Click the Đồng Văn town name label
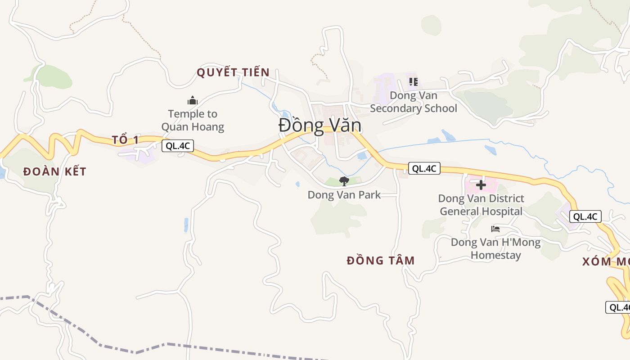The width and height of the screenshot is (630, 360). [x=320, y=125]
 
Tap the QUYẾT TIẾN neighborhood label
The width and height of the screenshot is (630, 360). [x=233, y=72]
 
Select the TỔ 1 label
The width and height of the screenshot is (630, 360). [x=126, y=139]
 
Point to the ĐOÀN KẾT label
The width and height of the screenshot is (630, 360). [x=54, y=171]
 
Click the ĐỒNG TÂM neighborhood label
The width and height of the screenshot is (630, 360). [x=381, y=261]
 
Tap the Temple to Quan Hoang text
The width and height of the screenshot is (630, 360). [x=193, y=120]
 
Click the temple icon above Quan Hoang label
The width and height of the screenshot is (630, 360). [x=193, y=100]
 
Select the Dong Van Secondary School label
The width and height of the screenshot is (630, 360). [x=413, y=102]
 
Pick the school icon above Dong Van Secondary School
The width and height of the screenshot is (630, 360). [x=413, y=82]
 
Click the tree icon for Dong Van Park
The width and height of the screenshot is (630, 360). [x=344, y=181]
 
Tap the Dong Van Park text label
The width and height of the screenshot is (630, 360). [x=344, y=195]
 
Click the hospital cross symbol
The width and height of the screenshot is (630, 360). [x=481, y=184]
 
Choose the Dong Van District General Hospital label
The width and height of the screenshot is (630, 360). [x=481, y=205]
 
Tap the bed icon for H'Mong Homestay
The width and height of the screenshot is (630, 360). [x=495, y=229]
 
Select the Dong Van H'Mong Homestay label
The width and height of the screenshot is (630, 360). [x=495, y=249]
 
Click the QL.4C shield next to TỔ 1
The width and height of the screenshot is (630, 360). [x=178, y=145]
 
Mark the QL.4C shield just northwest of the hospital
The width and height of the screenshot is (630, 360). [x=424, y=169]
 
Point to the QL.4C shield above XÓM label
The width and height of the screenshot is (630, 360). [x=585, y=216]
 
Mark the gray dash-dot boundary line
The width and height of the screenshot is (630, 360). [x=135, y=351]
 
